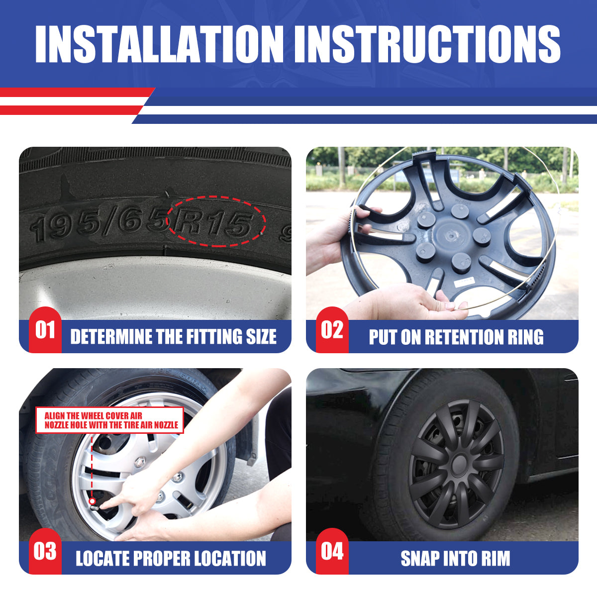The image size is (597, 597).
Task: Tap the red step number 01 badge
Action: [45, 330]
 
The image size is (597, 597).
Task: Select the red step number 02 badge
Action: [332, 330]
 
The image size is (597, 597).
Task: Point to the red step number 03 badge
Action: [45, 551]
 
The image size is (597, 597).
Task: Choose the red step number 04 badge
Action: [332, 551]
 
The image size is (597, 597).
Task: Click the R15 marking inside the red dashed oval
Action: [215, 222]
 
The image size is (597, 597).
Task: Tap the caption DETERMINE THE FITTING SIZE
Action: [173, 337]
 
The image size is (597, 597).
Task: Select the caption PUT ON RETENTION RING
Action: [456, 337]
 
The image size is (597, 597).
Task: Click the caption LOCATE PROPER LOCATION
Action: [171, 558]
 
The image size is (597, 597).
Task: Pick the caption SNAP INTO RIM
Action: [455, 558]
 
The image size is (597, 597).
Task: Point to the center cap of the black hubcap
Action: [458, 464]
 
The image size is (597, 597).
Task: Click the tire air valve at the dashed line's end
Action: [93, 502]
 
